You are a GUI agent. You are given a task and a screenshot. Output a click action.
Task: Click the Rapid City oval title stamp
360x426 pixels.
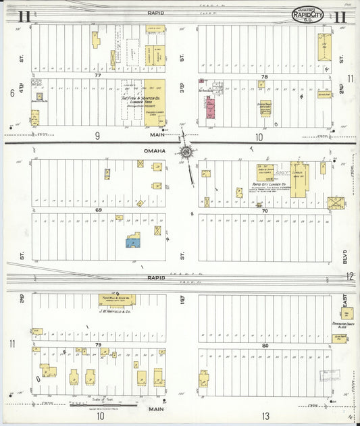pyautogui.click(x=307, y=14)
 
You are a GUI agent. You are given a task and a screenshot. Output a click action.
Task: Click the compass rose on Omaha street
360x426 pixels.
pyautogui.click(x=185, y=153)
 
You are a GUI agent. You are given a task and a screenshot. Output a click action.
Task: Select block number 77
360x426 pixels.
pyautogui.click(x=97, y=76)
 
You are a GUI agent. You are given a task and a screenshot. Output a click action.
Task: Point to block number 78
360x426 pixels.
pyautogui.click(x=264, y=76)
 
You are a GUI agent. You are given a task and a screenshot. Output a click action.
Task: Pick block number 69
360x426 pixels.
pyautogui.click(x=98, y=211)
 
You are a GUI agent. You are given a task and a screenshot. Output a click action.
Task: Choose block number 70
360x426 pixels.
pyautogui.click(x=265, y=211)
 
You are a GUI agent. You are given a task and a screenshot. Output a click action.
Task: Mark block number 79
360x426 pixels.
pyautogui.click(x=98, y=345)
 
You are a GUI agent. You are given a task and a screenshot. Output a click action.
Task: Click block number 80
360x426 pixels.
pyautogui.click(x=265, y=345)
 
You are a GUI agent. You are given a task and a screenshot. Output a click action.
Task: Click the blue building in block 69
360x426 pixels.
pyautogui.click(x=132, y=240)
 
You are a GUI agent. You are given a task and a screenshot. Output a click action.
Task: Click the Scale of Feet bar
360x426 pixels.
pyautogui.click(x=104, y=404)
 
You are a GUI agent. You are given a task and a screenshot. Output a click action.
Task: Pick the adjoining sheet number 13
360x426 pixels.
pyautogui.click(x=267, y=415)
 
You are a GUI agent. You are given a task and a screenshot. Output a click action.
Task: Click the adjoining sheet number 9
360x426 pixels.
pyautogui.click(x=97, y=136)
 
